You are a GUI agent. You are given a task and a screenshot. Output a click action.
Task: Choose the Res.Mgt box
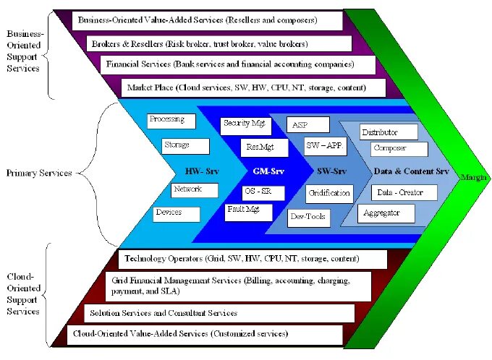tap(264, 147)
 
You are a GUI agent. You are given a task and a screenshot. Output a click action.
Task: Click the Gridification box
tap(329, 193)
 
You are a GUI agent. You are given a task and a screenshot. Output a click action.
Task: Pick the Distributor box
tap(389, 132)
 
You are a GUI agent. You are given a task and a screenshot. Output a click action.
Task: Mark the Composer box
tap(397, 149)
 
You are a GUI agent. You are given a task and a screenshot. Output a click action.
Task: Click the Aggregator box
tap(388, 213)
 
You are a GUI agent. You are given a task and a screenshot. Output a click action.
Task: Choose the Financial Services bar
tap(238, 65)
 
